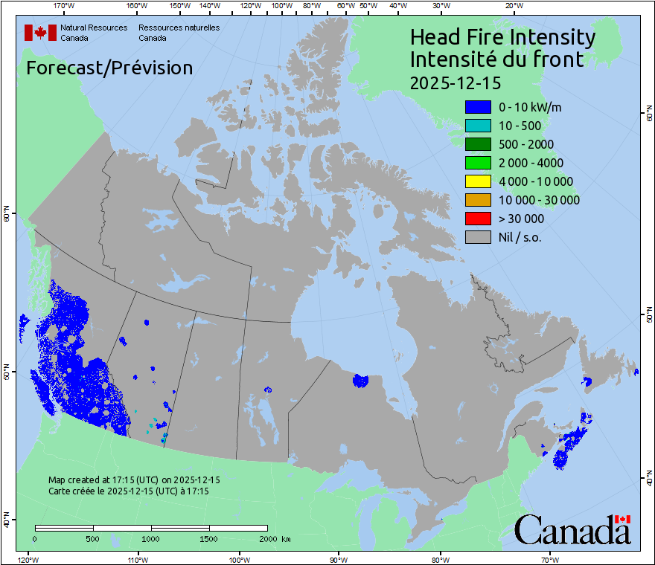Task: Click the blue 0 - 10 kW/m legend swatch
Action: pos(478,107)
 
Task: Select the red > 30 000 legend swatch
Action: pos(478,219)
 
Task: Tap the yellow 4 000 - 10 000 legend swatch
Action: pos(478,181)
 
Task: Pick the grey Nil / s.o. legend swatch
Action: pos(478,237)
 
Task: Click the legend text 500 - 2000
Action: pos(526,144)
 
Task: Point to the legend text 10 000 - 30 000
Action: pos(539,200)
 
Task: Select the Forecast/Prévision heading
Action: pos(109,68)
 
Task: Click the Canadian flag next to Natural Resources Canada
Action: pos(40,33)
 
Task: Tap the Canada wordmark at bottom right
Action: pos(572,530)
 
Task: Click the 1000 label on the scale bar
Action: pos(151,538)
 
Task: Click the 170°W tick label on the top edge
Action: pos(64,6)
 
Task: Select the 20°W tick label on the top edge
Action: pos(512,6)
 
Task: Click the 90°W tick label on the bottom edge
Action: pos(339,559)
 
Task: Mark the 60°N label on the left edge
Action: pos(7,216)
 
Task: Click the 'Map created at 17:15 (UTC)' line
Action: pos(134,480)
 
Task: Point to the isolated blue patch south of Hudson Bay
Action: pos(360,381)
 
